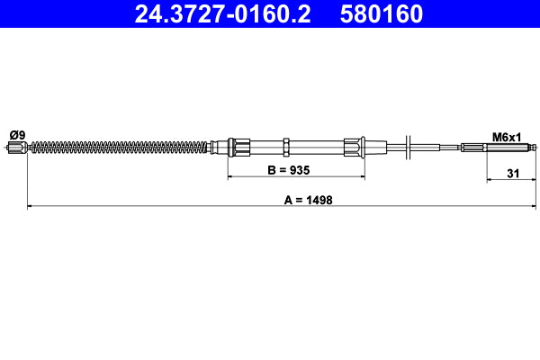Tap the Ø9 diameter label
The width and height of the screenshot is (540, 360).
(x=16, y=135)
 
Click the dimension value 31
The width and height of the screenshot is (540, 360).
(x=511, y=175)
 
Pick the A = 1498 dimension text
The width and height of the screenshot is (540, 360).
(x=308, y=200)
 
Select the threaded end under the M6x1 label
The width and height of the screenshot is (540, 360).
(x=474, y=147)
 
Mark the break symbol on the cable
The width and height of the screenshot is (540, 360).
(x=409, y=146)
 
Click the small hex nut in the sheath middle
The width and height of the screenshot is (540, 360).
(x=285, y=146)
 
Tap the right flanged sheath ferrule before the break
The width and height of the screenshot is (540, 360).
(x=353, y=146)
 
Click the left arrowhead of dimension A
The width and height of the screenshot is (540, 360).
(x=31, y=207)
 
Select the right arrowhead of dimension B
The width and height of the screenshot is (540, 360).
(x=360, y=176)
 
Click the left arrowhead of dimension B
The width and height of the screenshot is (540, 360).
(x=230, y=176)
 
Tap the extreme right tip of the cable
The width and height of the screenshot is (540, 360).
(x=536, y=147)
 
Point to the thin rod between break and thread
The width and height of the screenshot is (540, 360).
(x=436, y=147)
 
